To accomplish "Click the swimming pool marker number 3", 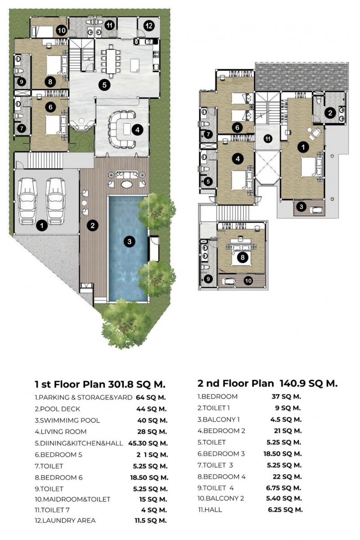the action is [x=130, y=241].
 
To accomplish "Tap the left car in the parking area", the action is [x=28, y=201].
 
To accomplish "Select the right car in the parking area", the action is [x=56, y=201].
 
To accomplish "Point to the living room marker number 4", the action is [x=137, y=130].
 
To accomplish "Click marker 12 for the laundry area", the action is [x=149, y=26].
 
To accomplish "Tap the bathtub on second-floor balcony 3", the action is [x=316, y=210].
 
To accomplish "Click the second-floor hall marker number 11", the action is [x=268, y=139].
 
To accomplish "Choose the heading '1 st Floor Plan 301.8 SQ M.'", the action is [x=100, y=384].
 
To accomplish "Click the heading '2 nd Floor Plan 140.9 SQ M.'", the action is [x=267, y=383].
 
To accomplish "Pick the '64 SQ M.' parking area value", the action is [x=151, y=397].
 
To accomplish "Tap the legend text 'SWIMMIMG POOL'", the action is [x=70, y=420].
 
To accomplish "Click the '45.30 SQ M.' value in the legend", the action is [x=148, y=443].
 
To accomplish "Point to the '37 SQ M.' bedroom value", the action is [x=286, y=396].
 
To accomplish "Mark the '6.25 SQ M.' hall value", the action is [x=285, y=509].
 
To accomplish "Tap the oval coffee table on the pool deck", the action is [x=126, y=184].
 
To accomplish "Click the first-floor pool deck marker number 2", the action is [x=93, y=225].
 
